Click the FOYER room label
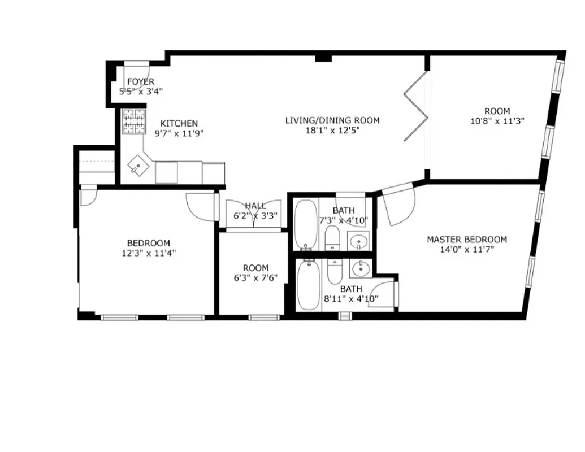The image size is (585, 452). (x=140, y=82)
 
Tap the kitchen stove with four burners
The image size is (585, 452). (x=134, y=121)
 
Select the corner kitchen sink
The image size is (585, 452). (x=137, y=165)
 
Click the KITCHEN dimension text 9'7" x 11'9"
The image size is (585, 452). (x=179, y=134)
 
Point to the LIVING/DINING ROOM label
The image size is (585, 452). (x=332, y=120)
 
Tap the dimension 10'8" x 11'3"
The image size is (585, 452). (x=496, y=121)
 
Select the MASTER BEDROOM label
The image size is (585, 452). (x=466, y=239)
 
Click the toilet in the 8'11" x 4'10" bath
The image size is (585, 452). (x=335, y=272)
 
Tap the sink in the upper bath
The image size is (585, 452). (x=358, y=242)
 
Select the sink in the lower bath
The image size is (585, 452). (x=359, y=269)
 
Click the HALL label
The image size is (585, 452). (x=255, y=206)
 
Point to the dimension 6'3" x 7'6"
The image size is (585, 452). (x=256, y=277)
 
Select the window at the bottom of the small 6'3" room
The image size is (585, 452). (x=264, y=317)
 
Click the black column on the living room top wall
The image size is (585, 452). (x=323, y=57)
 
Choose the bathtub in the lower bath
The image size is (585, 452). (x=309, y=286)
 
